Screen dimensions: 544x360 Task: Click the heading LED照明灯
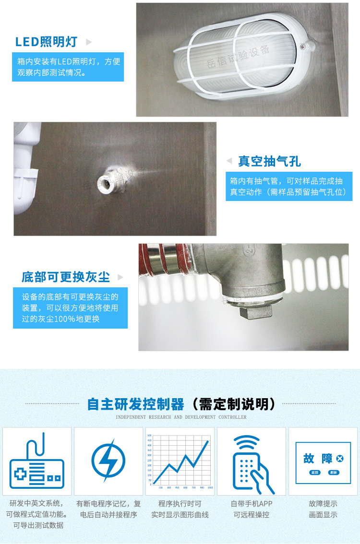(46, 42)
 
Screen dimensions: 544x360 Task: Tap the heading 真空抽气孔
(269, 161)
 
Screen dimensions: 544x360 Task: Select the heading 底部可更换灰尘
(66, 277)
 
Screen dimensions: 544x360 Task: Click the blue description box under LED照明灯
(68, 67)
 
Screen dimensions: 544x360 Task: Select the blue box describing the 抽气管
(288, 187)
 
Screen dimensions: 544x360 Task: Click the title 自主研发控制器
(136, 404)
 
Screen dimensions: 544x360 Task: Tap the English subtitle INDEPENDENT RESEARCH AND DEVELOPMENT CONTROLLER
(181, 417)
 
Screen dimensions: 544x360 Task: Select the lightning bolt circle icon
(108, 461)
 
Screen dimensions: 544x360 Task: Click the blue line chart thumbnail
(180, 461)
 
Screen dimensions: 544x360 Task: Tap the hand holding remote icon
(251, 463)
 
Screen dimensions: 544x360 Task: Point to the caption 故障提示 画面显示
(323, 509)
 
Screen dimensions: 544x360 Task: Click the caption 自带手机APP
(251, 504)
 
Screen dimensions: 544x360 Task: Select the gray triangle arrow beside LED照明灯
(88, 42)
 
